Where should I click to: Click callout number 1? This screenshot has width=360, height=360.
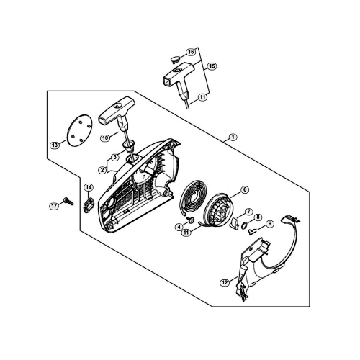[233, 138]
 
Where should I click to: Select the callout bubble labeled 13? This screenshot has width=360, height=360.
[55, 145]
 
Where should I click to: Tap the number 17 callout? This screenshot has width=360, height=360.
[54, 206]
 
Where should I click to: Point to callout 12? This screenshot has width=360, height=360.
[225, 283]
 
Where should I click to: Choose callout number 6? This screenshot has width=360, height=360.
[245, 190]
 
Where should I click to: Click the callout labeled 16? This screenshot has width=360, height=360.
[191, 52]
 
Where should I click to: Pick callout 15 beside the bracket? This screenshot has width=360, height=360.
[212, 66]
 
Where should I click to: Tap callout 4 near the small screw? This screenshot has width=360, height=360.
[179, 227]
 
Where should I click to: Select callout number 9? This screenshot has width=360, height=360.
[270, 224]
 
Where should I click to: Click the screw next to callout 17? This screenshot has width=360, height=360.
[68, 202]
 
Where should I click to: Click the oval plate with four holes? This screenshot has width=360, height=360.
[79, 130]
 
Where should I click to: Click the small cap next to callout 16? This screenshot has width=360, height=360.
[176, 59]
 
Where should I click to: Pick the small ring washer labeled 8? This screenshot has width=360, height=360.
[244, 225]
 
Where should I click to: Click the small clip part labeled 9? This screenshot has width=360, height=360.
[252, 231]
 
